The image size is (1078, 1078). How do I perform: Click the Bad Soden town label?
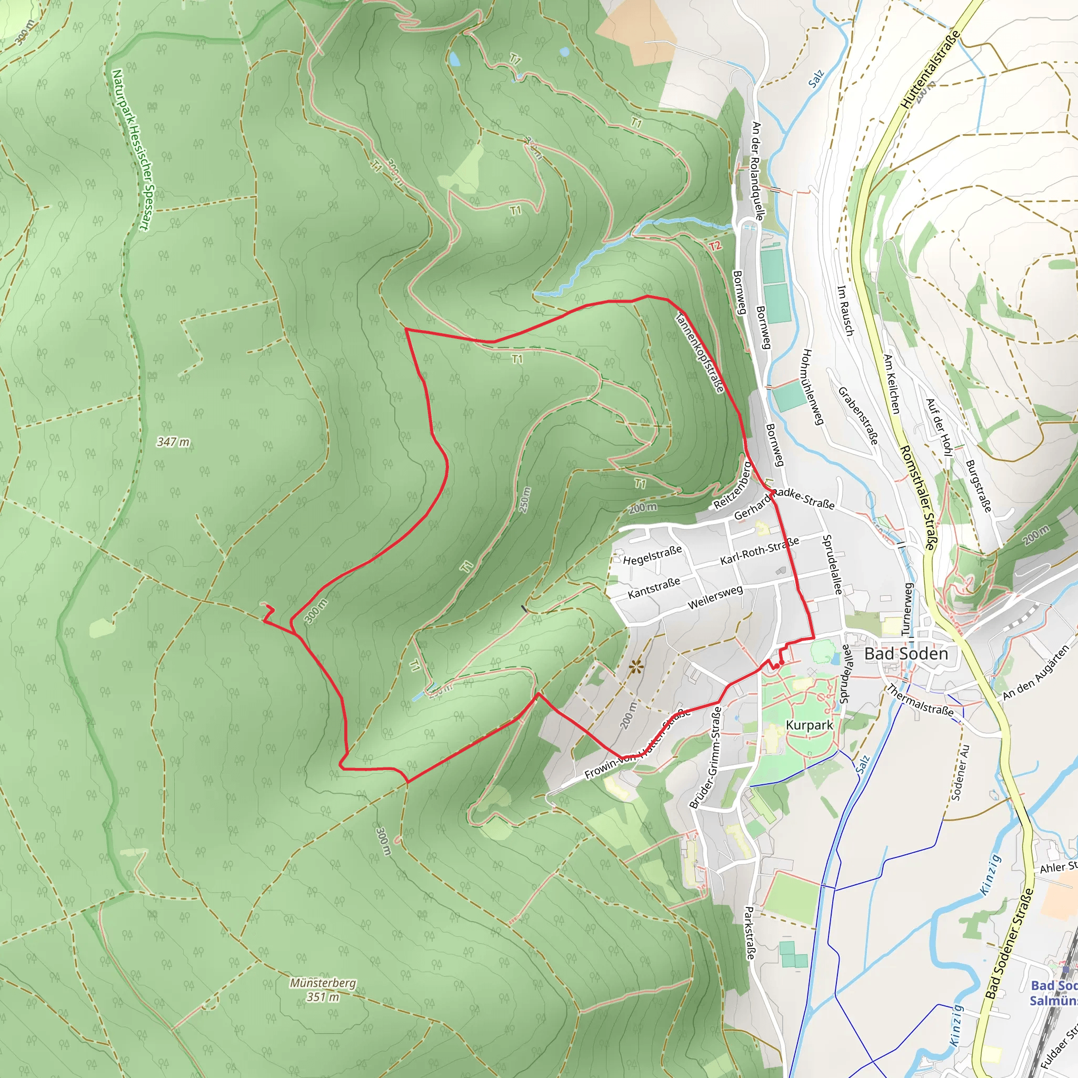point(906,653)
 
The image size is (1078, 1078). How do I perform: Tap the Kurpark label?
point(809,725)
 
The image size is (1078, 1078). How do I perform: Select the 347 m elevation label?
point(173,442)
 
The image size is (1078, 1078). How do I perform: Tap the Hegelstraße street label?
point(652,556)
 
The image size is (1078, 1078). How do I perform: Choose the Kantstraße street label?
point(654,587)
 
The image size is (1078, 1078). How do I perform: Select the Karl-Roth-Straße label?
point(760,551)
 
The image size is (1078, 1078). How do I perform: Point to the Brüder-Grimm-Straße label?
point(706,757)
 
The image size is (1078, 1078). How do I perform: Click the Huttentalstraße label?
point(930,69)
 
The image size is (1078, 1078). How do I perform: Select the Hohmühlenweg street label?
point(812,387)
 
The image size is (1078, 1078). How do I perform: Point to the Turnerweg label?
point(908,609)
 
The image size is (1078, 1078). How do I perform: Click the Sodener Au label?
point(960,772)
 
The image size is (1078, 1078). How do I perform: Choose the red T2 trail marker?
point(715,245)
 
